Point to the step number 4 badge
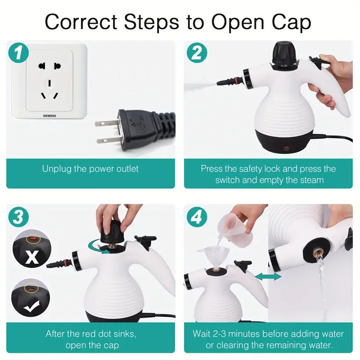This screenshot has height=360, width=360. [x=197, y=218]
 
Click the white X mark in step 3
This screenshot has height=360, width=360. [x=32, y=257]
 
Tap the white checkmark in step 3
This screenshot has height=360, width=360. [x=32, y=307]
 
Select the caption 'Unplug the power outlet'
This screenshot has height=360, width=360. [x=90, y=169]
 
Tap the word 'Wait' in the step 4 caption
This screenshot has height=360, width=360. [x=202, y=333]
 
